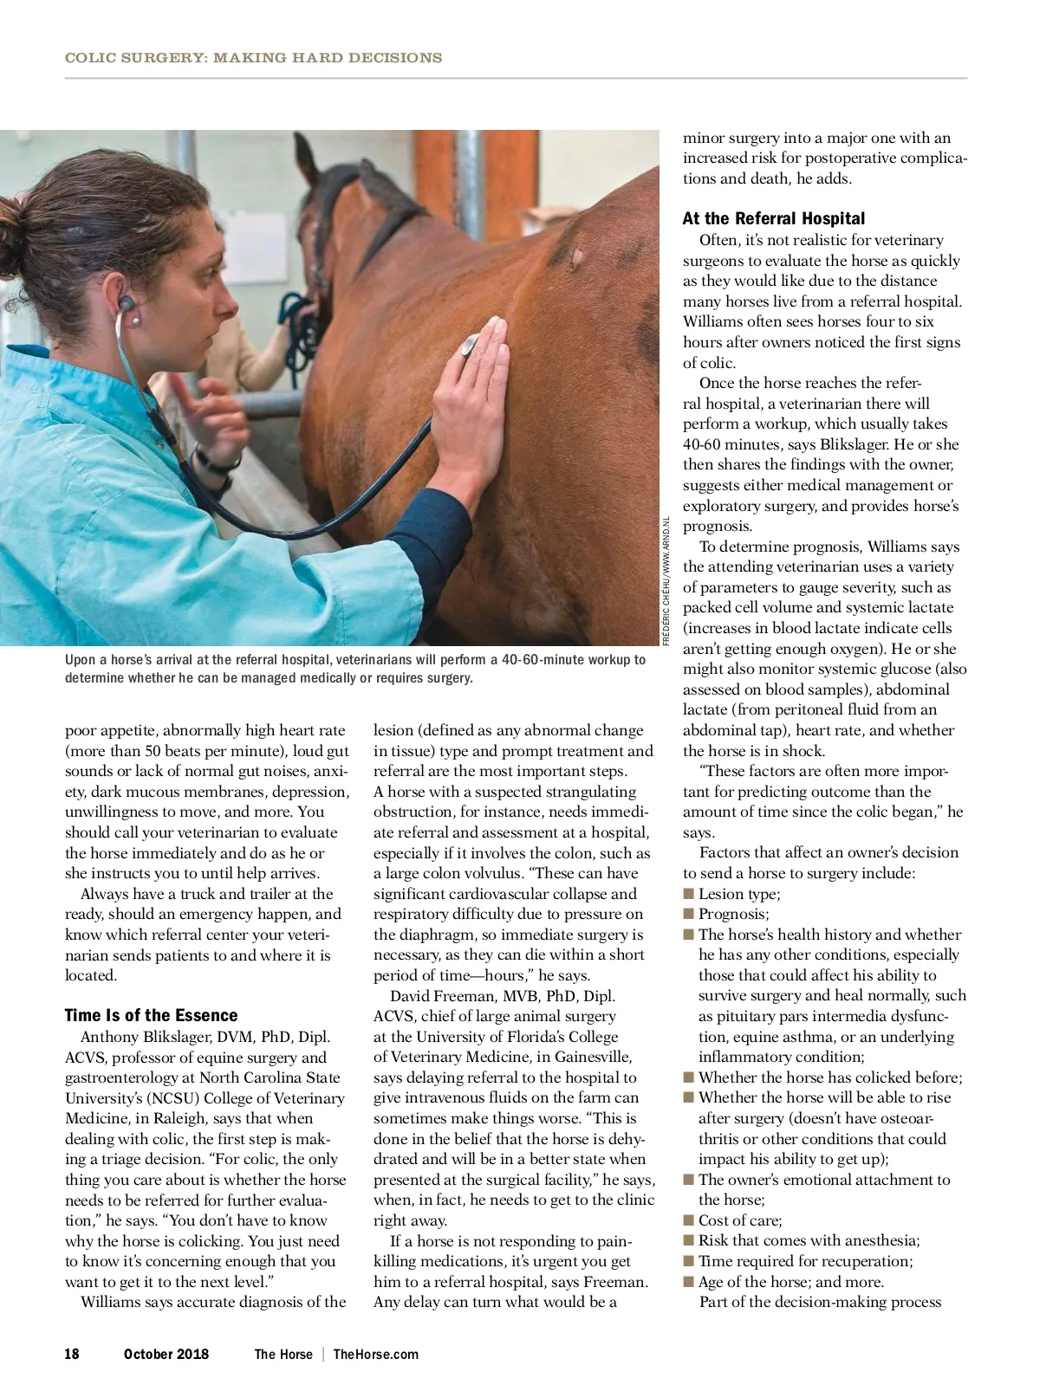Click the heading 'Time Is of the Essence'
pyautogui.click(x=151, y=1015)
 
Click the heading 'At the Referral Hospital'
pyautogui.click(x=773, y=218)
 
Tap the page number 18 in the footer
pyautogui.click(x=72, y=1354)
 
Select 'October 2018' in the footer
pyautogui.click(x=166, y=1354)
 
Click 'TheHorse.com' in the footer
pyautogui.click(x=375, y=1354)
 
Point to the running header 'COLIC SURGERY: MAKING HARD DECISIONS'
pyautogui.click(x=253, y=58)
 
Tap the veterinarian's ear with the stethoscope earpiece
pyautogui.click(x=127, y=306)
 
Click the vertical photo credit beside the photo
pyautogui.click(x=666, y=580)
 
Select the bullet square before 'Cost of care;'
pyautogui.click(x=689, y=1220)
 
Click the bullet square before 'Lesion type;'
pyautogui.click(x=689, y=894)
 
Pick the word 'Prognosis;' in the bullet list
pyautogui.click(x=733, y=914)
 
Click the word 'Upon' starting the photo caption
pyautogui.click(x=80, y=659)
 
